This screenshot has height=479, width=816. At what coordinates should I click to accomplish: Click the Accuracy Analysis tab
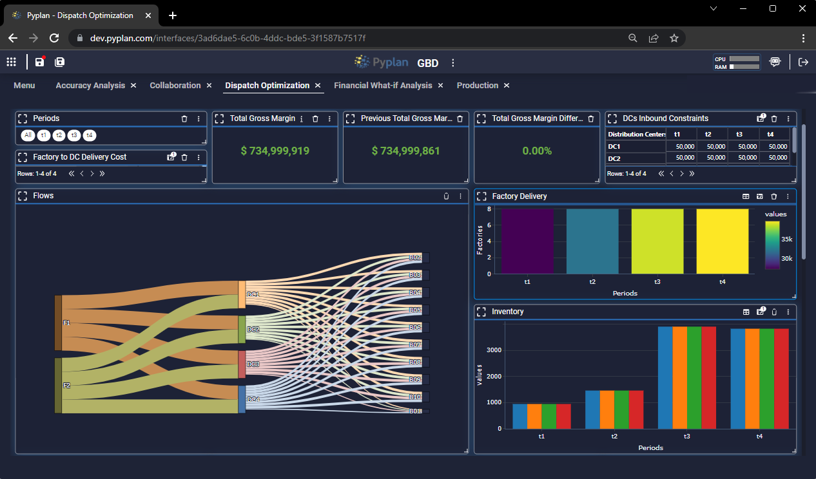point(90,86)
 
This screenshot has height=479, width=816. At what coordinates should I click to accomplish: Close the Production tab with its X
point(507,86)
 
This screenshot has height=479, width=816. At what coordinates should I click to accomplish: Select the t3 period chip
point(74,135)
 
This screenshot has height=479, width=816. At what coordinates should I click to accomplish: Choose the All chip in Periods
point(28,135)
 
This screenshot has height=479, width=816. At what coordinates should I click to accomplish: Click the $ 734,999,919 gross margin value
point(275,151)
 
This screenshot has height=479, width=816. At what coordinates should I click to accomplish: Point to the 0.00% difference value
point(537,151)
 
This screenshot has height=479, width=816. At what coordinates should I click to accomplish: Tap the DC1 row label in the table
point(614,146)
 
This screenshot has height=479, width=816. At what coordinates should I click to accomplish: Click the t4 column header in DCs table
point(770,134)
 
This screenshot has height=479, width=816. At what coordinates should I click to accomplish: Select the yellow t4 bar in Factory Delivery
point(722,241)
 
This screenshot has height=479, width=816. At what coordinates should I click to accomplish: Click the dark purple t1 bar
point(527,241)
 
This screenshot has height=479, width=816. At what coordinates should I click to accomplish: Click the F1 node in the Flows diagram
point(59,323)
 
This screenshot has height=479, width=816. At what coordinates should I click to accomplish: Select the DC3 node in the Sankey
point(242,364)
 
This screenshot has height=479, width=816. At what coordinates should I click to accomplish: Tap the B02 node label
point(415,258)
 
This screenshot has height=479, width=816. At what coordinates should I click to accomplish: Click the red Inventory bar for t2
point(636,409)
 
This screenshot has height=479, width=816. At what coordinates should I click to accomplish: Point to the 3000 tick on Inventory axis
point(493,350)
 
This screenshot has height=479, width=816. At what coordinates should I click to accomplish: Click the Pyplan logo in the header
point(380,62)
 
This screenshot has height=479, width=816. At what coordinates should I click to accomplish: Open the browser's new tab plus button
point(173,15)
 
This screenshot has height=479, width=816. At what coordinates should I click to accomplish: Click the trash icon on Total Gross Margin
point(315,119)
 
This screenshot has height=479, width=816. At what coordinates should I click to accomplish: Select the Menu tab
point(24,86)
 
